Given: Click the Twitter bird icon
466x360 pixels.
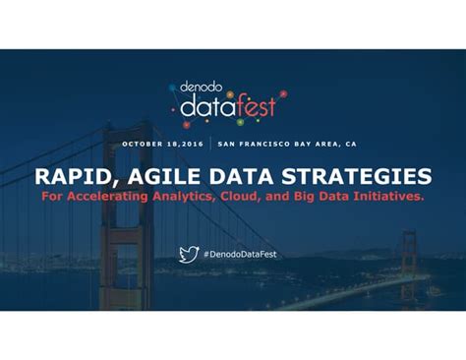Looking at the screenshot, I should [x=189, y=255].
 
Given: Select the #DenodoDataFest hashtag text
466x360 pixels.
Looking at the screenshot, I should [x=243, y=255].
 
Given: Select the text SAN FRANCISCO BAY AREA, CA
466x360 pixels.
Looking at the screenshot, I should [x=286, y=144].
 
